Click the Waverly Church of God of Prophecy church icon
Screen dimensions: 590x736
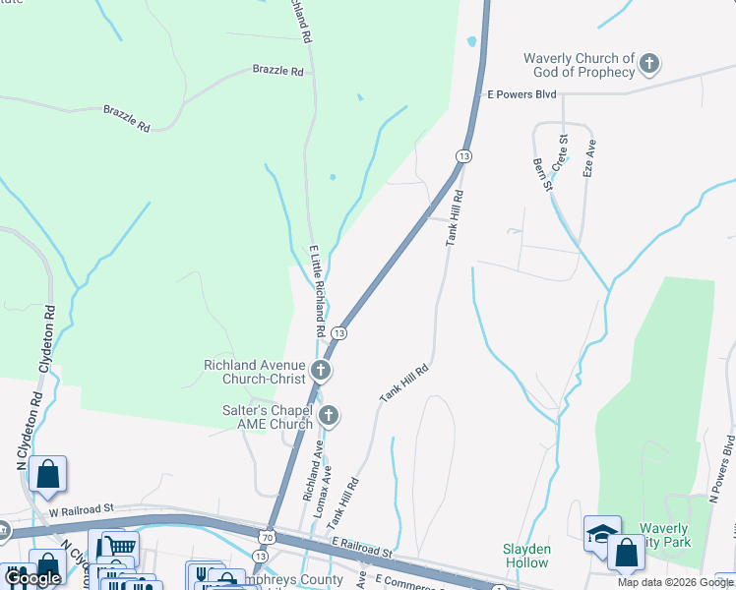(x=648, y=65)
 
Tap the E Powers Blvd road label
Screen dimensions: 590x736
(x=522, y=94)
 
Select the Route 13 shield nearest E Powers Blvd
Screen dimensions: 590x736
(x=462, y=156)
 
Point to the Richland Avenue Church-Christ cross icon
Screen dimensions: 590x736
(x=321, y=371)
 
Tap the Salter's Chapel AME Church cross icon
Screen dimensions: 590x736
(x=328, y=416)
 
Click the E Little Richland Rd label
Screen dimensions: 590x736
(x=318, y=291)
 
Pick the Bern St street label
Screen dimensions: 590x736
(x=540, y=175)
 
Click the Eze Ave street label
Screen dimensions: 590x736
(x=589, y=157)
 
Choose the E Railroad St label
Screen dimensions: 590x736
(x=362, y=542)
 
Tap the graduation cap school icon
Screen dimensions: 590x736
(x=601, y=532)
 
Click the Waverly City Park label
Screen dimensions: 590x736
(x=666, y=535)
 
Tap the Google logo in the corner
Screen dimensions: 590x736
(x=32, y=578)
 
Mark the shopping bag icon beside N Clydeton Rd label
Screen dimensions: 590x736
(x=47, y=474)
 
